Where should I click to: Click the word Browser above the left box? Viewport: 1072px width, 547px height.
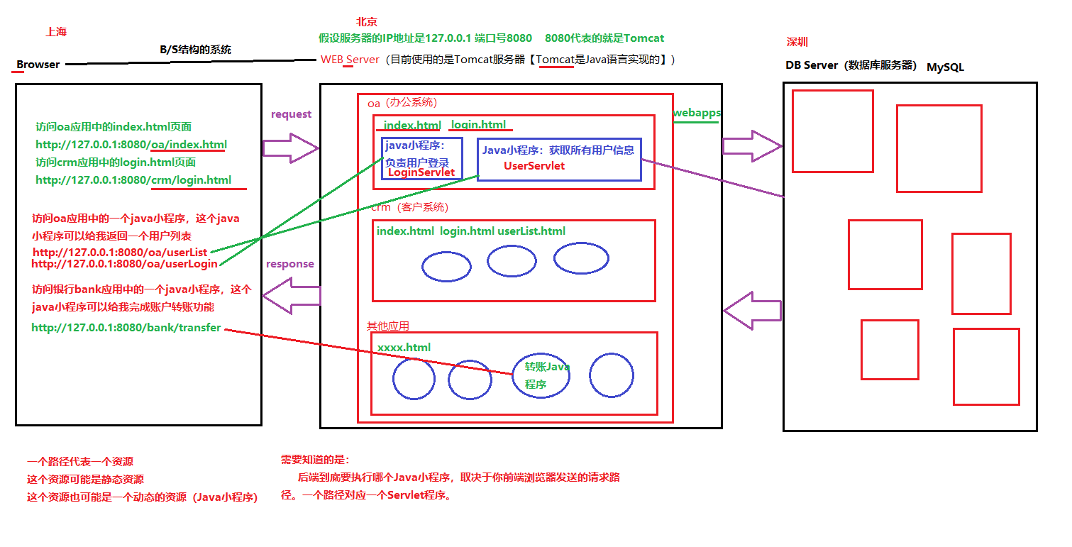click(x=38, y=65)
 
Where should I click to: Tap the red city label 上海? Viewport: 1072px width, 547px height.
click(x=56, y=32)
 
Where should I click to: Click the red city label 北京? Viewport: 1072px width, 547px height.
click(x=367, y=22)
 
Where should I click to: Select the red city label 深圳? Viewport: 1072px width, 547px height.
click(x=797, y=42)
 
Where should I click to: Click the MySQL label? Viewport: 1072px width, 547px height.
click(x=945, y=67)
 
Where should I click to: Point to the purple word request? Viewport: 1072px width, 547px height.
click(x=291, y=114)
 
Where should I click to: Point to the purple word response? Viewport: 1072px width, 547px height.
click(x=289, y=264)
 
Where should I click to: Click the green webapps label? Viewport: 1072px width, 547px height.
click(x=697, y=113)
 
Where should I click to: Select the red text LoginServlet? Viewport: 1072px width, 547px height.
click(x=421, y=172)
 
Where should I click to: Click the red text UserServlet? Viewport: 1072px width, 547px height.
click(x=534, y=165)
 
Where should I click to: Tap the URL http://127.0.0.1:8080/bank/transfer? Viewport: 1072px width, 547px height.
click(x=126, y=328)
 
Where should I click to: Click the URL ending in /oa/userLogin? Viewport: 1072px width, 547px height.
click(x=124, y=264)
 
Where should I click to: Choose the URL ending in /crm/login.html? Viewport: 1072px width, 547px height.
click(x=133, y=180)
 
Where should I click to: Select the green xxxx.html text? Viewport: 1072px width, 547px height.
click(x=404, y=348)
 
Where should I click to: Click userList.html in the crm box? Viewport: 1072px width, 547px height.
click(x=531, y=231)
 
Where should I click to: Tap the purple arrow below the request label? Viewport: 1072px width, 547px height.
click(x=291, y=148)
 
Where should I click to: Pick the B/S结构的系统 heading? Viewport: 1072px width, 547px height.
click(x=195, y=50)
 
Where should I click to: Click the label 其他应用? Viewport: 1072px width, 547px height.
click(x=387, y=326)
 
